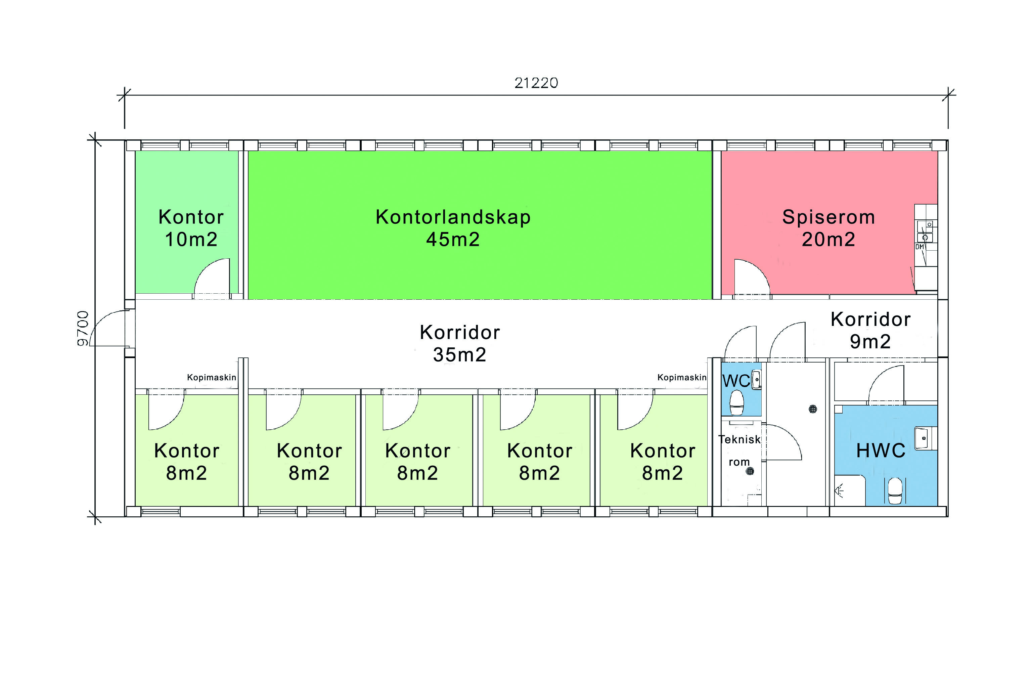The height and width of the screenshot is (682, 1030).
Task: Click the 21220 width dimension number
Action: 536,83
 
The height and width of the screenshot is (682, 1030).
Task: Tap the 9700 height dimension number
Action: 83,329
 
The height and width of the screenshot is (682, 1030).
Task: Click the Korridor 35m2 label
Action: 459,343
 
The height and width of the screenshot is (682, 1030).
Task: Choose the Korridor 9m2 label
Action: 870,330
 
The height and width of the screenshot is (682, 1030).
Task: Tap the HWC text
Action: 881,451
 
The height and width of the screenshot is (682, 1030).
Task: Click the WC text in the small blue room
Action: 736,381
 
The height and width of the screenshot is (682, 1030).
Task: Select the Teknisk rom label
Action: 739,451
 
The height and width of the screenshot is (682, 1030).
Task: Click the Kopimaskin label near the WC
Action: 682,377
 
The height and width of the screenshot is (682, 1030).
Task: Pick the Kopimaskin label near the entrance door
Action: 211,377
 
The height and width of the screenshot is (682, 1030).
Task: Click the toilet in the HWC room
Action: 894,491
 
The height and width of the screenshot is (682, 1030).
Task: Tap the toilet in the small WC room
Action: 736,403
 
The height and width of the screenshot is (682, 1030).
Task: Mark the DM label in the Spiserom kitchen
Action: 920,247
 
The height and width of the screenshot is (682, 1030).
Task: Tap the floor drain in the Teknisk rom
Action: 750,471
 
